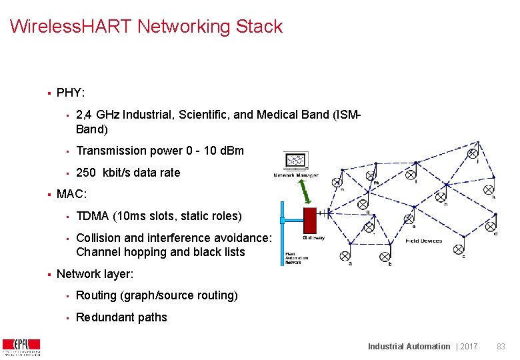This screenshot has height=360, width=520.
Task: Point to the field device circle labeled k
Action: pos(489,191)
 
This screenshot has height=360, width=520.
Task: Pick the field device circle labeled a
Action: pos(345,255)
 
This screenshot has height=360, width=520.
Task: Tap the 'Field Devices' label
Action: pos(424,241)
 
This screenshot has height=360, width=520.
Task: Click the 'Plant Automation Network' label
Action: pos(293,258)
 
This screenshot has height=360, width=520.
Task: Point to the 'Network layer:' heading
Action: pos(95,274)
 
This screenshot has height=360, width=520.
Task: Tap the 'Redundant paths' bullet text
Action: pos(121,317)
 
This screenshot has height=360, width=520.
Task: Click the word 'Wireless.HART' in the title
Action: pos(71,27)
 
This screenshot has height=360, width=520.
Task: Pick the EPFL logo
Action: pos(21,347)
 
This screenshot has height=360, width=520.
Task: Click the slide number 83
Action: pos(501,346)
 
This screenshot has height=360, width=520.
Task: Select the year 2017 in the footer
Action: pos(469,346)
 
